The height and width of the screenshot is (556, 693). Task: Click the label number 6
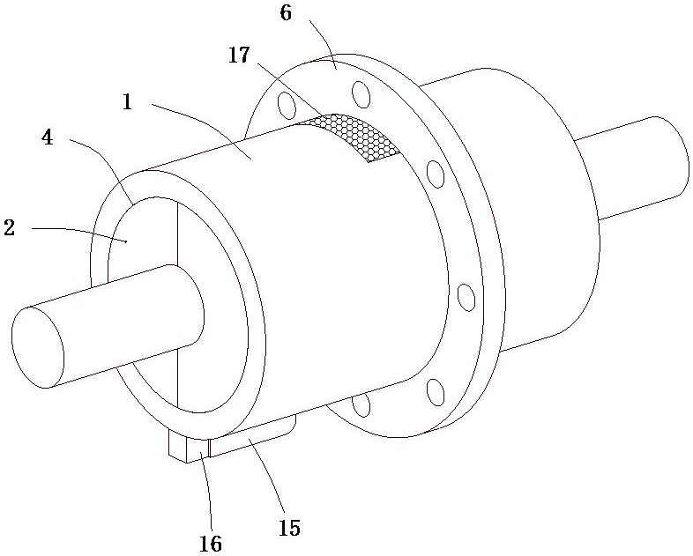pyautogui.click(x=286, y=13)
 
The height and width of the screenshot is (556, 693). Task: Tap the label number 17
pyautogui.click(x=239, y=56)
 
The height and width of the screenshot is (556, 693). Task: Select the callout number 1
pyautogui.click(x=127, y=102)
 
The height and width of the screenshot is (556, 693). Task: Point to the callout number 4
pyautogui.click(x=48, y=137)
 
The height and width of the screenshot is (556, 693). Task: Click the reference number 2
pyautogui.click(x=10, y=228)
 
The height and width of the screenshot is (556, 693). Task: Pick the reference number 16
pyautogui.click(x=211, y=543)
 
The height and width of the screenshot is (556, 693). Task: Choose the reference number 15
pyautogui.click(x=289, y=527)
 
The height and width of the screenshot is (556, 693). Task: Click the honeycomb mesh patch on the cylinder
pyautogui.click(x=349, y=136)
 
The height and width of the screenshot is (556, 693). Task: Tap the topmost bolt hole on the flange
pyautogui.click(x=361, y=94)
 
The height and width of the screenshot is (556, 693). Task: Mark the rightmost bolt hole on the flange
pyautogui.click(x=466, y=297)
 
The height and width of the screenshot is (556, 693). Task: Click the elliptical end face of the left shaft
pyautogui.click(x=38, y=347)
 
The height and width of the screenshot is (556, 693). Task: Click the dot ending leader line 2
pyautogui.click(x=126, y=241)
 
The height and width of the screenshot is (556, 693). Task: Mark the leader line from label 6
pyautogui.click(x=323, y=43)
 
